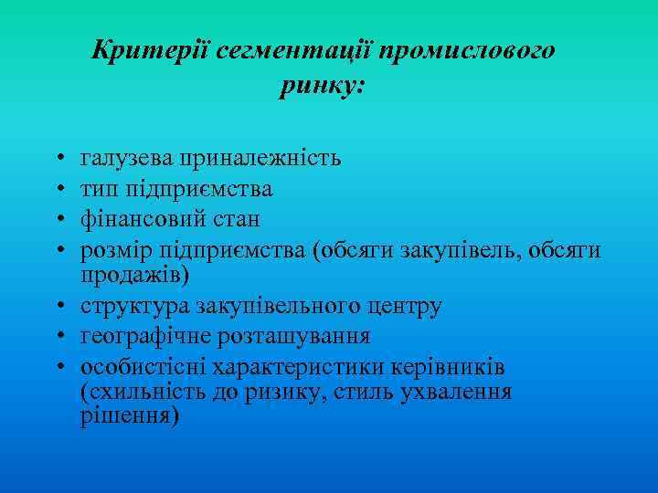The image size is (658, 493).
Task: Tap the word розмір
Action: (116, 249)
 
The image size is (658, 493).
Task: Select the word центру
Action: (407, 306)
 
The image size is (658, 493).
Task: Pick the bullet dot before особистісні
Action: (58, 368)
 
